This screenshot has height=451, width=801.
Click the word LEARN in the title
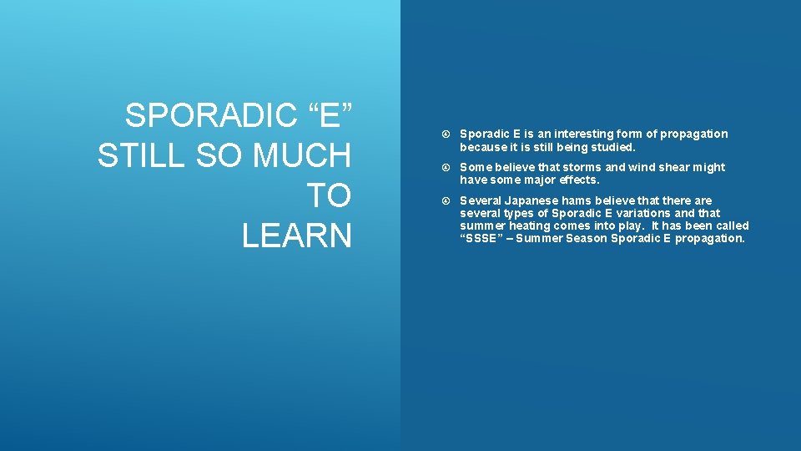[297, 236]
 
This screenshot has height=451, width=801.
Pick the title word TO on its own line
[330, 196]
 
